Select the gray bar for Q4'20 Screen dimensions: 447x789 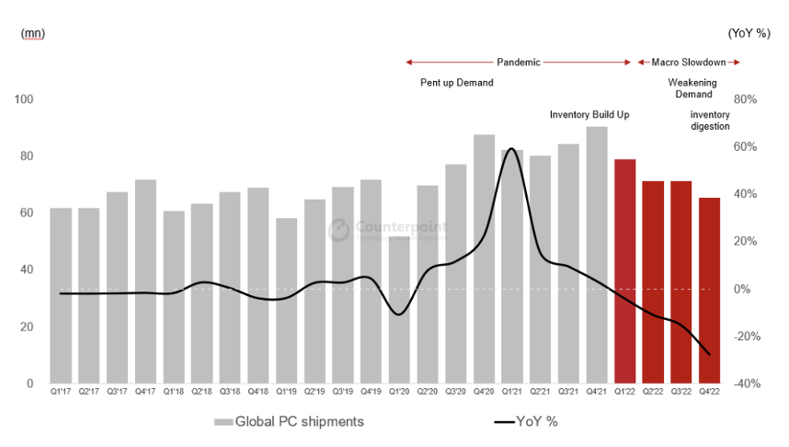pyautogui.click(x=484, y=258)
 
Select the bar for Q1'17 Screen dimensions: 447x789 pyautogui.click(x=61, y=295)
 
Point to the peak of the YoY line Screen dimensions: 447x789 pyautogui.click(x=512, y=149)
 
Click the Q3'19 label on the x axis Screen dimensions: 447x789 pyautogui.click(x=343, y=393)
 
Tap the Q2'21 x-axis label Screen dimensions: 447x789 pyautogui.click(x=540, y=393)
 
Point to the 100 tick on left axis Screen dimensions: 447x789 pyautogui.click(x=24, y=99)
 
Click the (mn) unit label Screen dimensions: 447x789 pyautogui.click(x=32, y=33)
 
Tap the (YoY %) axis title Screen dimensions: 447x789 pyautogui.click(x=750, y=33)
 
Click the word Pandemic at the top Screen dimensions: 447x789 pyautogui.click(x=519, y=63)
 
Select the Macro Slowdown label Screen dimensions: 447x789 pyautogui.click(x=689, y=63)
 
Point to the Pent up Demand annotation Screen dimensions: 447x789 pyautogui.click(x=457, y=83)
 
